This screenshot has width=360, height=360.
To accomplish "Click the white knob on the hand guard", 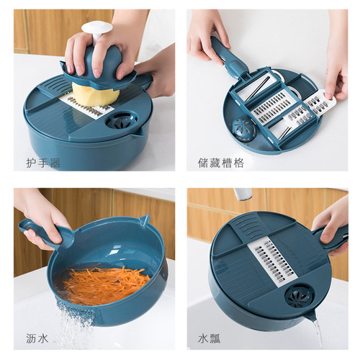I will click(x=96, y=30).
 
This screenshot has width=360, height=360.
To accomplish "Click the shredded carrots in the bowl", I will click(x=101, y=284).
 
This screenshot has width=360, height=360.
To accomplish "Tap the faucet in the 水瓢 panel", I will click(x=242, y=194).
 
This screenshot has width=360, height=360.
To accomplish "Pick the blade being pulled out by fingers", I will click(x=318, y=106).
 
